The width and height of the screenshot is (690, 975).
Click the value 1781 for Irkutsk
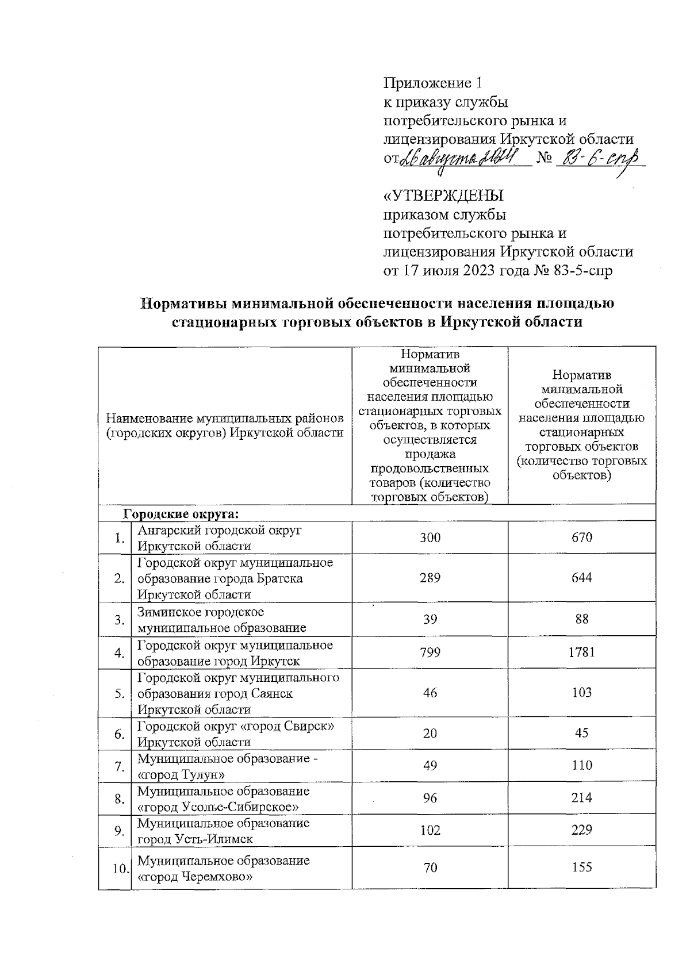[x=582, y=652]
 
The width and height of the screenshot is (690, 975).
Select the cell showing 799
[x=430, y=652]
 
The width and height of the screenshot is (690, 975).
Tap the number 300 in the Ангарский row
[x=430, y=538]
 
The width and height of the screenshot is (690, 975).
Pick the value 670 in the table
[x=582, y=538]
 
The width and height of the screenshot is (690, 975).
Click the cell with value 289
[x=430, y=578]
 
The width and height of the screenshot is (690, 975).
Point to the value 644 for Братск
[x=582, y=578]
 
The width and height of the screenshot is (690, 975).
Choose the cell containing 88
[x=582, y=619]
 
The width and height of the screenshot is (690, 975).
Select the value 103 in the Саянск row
[x=582, y=693]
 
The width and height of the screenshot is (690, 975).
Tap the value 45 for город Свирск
[x=582, y=733]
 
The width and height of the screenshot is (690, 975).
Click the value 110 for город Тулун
[x=582, y=765]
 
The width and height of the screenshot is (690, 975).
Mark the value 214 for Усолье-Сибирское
[x=582, y=797]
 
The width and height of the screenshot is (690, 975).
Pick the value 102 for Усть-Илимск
[x=430, y=830]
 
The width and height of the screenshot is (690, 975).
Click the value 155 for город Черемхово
[x=582, y=867]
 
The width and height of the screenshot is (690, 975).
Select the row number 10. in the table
[x=120, y=868]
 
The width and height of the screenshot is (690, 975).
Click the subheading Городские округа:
[x=181, y=512]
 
